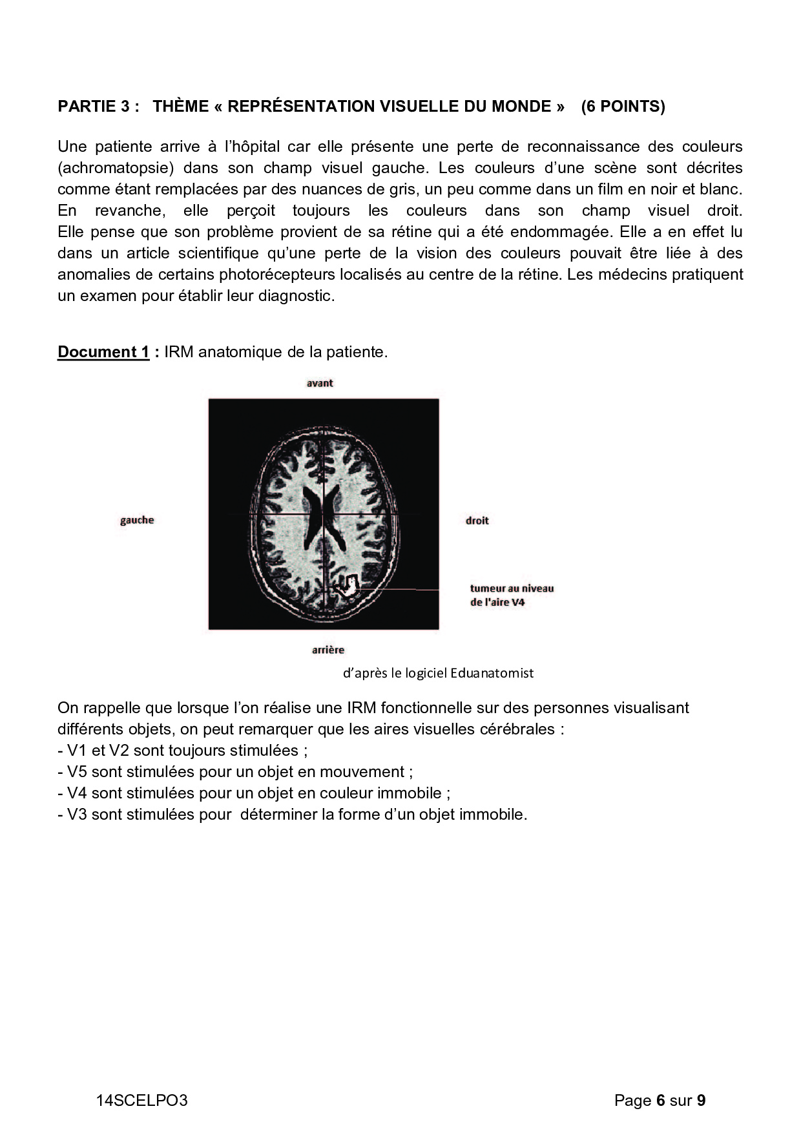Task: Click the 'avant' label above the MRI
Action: tap(320, 383)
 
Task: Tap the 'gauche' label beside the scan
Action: tap(137, 520)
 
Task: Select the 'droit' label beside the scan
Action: tap(477, 521)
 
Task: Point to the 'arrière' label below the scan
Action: tap(328, 650)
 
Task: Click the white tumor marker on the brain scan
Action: tap(349, 586)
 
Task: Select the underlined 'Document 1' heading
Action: tap(104, 352)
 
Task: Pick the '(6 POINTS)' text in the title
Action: tap(623, 107)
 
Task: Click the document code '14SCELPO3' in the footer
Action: tap(142, 1101)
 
